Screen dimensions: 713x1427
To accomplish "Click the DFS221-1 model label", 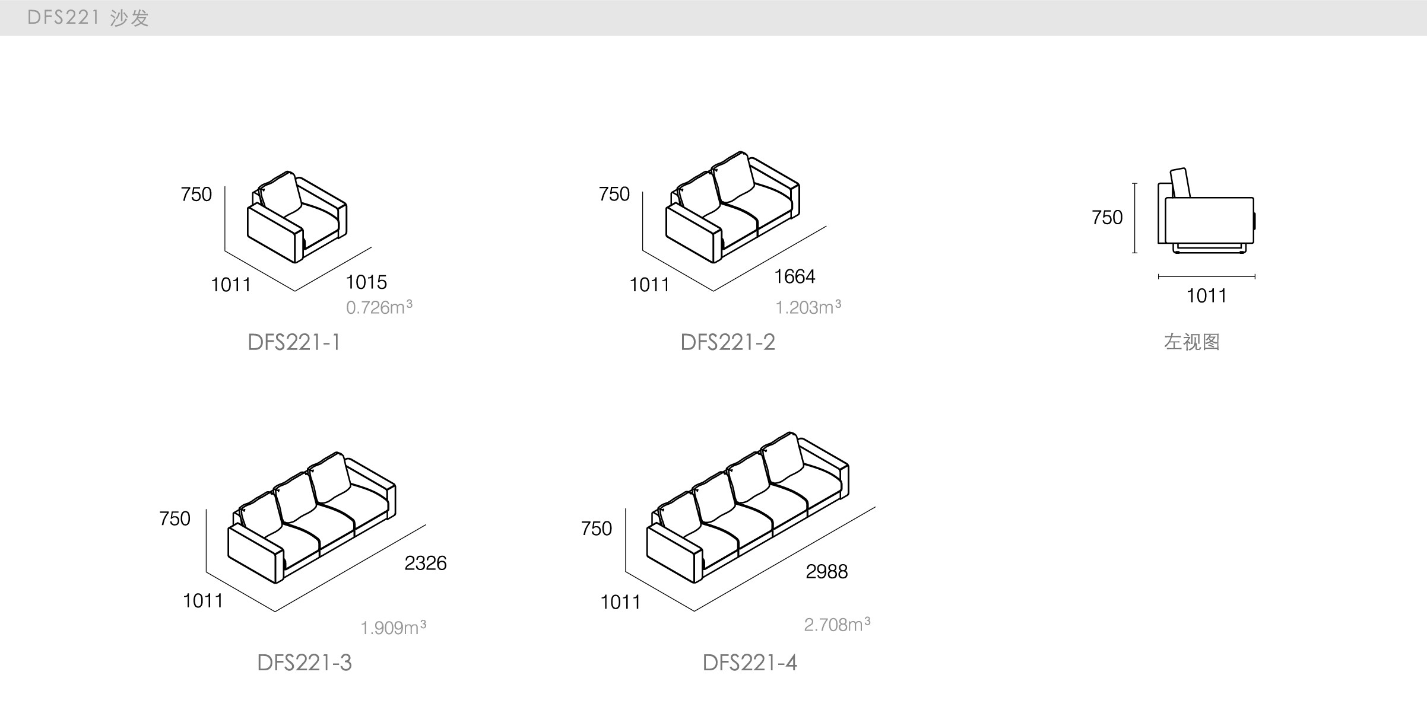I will (294, 342).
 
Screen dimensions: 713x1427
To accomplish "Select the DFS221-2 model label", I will (728, 342).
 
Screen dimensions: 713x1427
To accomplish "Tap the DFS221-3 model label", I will (304, 663).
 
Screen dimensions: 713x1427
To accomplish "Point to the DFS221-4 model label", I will (749, 663).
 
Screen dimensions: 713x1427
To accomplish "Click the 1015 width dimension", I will (366, 282).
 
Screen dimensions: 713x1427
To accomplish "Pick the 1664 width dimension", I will (794, 276).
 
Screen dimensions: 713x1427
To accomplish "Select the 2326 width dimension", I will (425, 563).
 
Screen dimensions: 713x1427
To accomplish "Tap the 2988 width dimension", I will (826, 572).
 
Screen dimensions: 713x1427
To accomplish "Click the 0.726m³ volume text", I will (379, 307).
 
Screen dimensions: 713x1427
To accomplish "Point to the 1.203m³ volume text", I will (808, 307).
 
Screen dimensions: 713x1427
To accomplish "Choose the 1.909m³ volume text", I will (393, 628).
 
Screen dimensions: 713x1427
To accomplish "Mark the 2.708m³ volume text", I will (837, 624).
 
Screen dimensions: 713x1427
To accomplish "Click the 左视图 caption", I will (1191, 342).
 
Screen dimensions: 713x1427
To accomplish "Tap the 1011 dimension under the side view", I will (1206, 296).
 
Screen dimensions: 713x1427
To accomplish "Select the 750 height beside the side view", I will (1107, 218).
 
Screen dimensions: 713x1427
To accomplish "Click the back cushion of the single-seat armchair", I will (280, 194).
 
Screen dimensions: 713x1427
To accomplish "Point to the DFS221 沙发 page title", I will (88, 18).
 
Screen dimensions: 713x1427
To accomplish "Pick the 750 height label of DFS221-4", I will (596, 529).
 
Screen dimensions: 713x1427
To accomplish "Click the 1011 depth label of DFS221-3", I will (203, 601).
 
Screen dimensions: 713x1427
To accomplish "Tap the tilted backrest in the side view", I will (1181, 183).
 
